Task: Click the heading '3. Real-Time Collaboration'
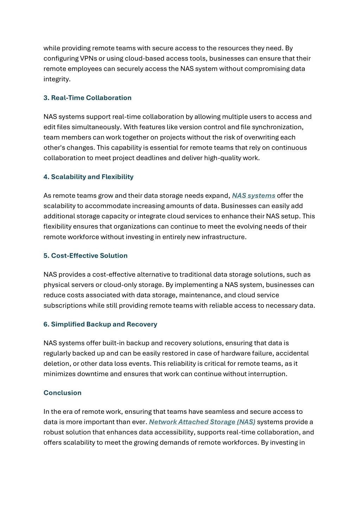[x=87, y=98]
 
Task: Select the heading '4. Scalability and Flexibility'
[x=88, y=177]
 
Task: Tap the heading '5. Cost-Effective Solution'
[x=86, y=256]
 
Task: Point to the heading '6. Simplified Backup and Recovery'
[x=100, y=324]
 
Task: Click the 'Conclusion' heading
[x=62, y=393]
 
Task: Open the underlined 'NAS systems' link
[x=253, y=195]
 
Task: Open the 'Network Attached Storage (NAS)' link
[x=202, y=422]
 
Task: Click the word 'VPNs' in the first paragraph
[x=88, y=58]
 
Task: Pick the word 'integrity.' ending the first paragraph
[x=57, y=79]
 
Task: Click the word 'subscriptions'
[x=65, y=305]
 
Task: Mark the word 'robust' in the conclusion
[x=54, y=432]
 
